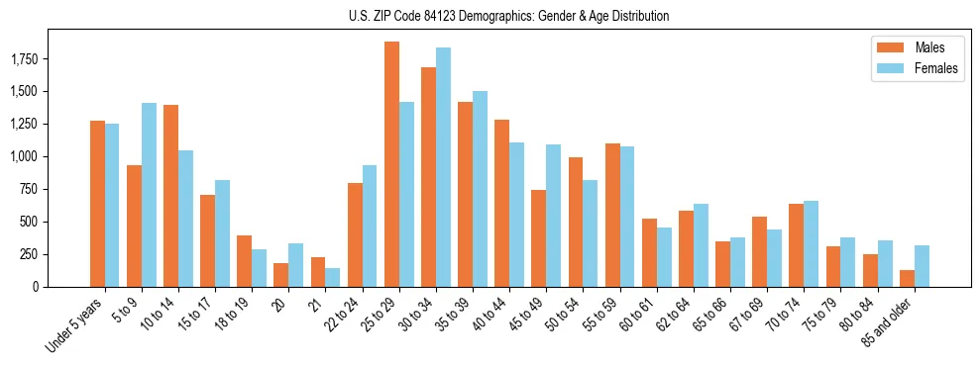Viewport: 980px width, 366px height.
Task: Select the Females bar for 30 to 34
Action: pos(443,167)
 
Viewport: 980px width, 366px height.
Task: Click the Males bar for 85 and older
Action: pos(907,278)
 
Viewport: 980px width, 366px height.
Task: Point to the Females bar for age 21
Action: pos(333,277)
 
